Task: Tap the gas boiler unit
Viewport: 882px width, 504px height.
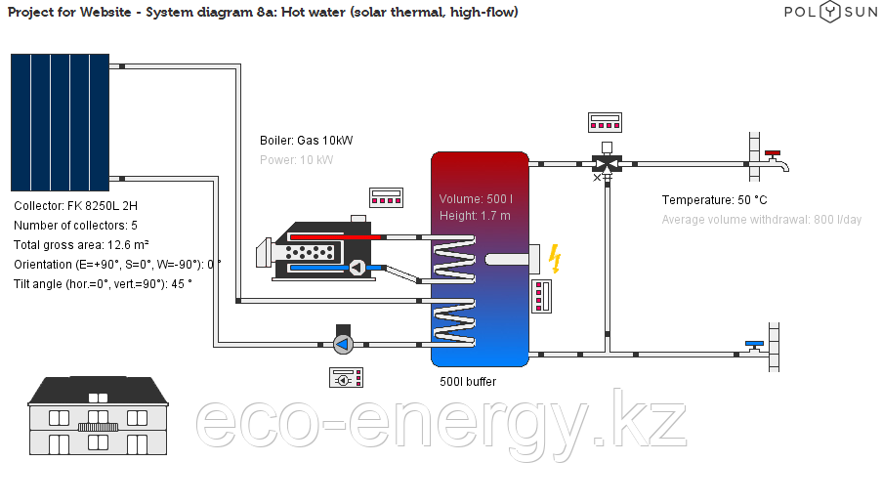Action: [322, 252]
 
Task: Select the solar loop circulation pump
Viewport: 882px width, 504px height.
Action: [343, 343]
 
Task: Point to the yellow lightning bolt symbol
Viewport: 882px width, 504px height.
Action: [555, 258]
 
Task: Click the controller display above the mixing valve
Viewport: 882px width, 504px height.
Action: [606, 123]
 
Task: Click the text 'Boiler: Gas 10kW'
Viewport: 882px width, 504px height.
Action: [307, 141]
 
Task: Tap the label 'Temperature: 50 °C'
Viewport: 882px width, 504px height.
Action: [714, 200]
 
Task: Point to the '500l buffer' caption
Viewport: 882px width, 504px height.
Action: [468, 382]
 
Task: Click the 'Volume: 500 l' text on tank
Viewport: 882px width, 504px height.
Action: [476, 199]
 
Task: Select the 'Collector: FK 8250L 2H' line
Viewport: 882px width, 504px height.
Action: [76, 206]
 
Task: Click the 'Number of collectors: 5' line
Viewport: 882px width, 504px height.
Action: [76, 226]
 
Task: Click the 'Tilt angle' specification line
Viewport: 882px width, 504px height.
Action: [104, 283]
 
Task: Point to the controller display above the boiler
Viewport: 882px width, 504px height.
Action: [386, 197]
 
